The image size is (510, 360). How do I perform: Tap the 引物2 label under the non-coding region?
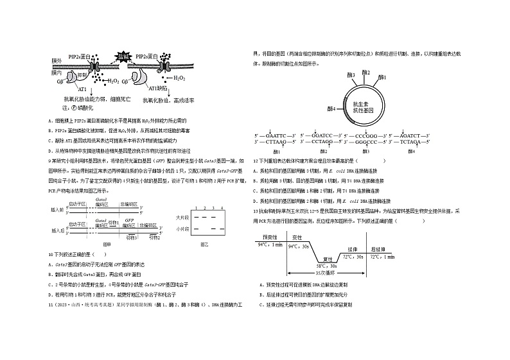[154, 237]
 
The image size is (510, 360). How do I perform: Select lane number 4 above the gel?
[221, 209]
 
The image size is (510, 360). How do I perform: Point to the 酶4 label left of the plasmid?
[331, 108]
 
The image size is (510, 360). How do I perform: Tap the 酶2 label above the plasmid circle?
[366, 72]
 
